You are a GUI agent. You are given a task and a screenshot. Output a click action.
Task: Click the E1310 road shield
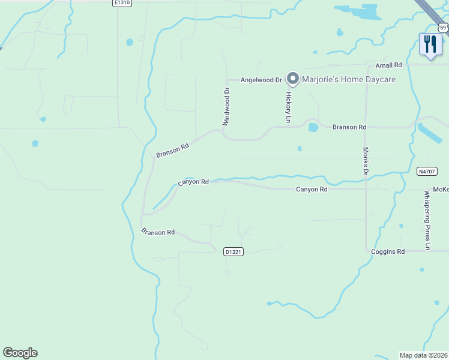[122, 3]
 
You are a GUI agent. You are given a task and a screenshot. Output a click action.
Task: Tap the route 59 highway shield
[443, 27]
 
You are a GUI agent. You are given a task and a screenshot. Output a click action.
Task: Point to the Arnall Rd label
[388, 65]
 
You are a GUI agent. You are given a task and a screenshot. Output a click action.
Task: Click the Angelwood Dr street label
[261, 80]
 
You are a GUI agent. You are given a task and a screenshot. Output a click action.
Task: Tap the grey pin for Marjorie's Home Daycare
[293, 79]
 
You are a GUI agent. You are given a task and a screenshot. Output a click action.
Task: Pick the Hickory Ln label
[288, 107]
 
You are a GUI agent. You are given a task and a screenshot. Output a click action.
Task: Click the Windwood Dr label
[227, 107]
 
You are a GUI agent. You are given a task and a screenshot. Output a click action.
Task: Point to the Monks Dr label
[365, 161]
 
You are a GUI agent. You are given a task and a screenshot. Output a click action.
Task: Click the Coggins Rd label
[388, 251]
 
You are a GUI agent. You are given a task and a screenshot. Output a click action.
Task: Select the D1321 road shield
[233, 252]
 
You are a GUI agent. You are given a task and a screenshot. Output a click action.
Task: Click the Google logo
[20, 353]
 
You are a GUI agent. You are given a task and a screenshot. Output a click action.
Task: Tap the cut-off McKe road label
[440, 190]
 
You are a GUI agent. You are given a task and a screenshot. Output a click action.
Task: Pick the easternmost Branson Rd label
[349, 127]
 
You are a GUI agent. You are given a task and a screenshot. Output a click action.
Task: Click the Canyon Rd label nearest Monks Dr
[312, 190]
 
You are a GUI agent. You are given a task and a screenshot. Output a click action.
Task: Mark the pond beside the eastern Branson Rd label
[313, 127]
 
